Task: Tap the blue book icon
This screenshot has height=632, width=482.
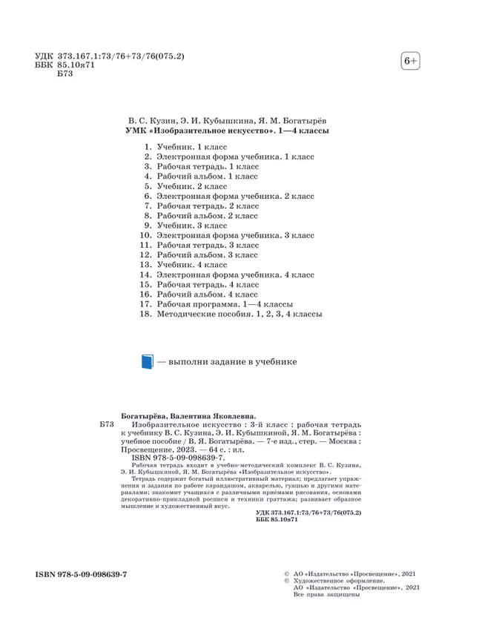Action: pyautogui.click(x=147, y=362)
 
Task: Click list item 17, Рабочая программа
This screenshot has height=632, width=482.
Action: pyautogui.click(x=224, y=305)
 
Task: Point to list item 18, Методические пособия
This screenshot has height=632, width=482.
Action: pyautogui.click(x=238, y=316)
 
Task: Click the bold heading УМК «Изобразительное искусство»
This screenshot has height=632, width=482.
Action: pyautogui.click(x=228, y=131)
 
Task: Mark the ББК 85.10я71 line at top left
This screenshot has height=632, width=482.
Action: pyautogui.click(x=68, y=67)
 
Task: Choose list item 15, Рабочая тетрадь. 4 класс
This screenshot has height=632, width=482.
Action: pyautogui.click(x=208, y=284)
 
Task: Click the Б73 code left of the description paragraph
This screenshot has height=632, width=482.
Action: pyautogui.click(x=106, y=427)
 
